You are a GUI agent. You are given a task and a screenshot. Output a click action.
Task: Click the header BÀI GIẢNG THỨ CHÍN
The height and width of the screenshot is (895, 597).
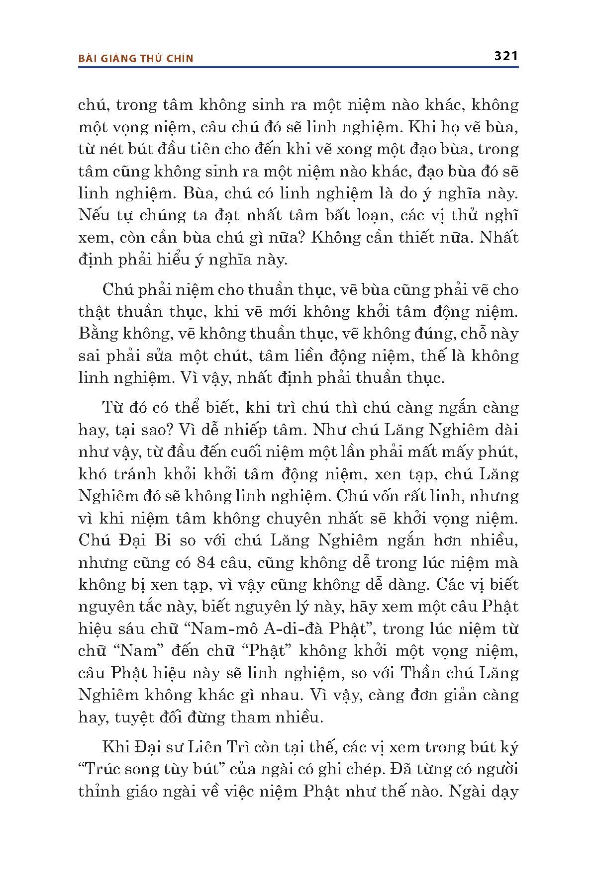click(136, 58)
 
